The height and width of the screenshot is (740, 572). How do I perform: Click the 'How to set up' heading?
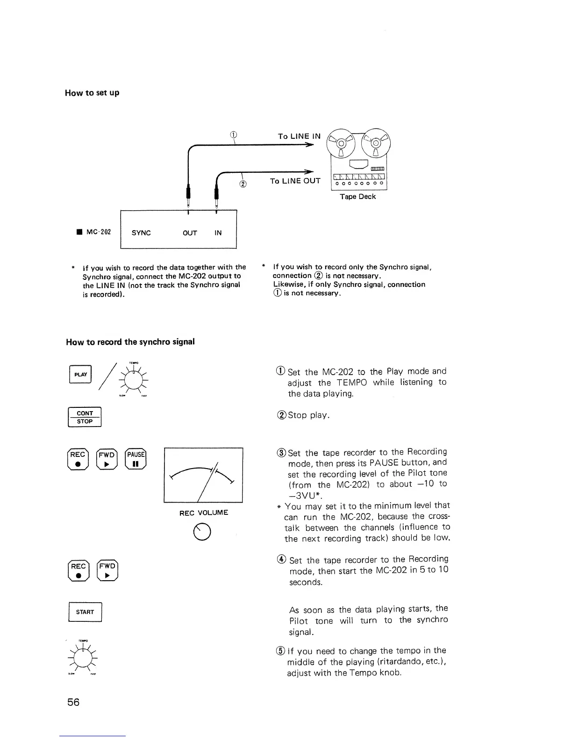pos(92,92)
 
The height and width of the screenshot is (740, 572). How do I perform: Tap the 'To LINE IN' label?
pos(299,136)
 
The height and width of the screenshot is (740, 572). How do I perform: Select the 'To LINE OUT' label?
pos(295,181)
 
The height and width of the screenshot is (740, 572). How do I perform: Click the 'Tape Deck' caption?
pos(357,196)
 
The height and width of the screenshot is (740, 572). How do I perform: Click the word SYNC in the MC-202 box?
pos(141,233)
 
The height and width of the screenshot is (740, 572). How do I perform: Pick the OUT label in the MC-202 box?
pos(190,233)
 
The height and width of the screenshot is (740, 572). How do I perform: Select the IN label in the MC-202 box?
pos(218,233)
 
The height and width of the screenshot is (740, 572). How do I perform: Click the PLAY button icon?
pos(80,374)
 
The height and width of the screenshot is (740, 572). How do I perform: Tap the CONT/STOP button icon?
pos(85,417)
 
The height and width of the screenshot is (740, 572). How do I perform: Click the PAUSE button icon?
pos(136,459)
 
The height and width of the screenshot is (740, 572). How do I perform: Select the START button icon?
pos(85,612)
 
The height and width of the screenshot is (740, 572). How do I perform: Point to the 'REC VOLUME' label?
pos(204,512)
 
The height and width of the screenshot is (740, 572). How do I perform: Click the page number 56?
pos(73,702)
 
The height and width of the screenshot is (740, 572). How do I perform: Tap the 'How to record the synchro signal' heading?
pos(130,342)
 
